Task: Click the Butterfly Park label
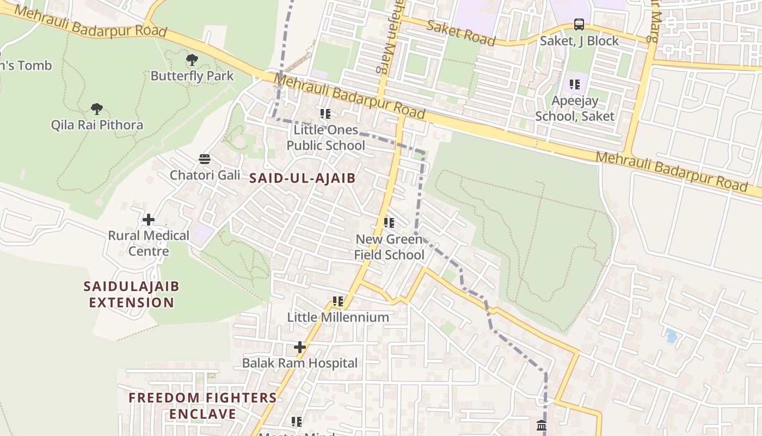(192, 76)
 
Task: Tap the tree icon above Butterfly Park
(192, 60)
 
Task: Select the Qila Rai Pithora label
(97, 125)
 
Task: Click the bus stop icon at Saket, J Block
(579, 25)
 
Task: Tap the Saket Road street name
(460, 33)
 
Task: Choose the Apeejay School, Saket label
(574, 108)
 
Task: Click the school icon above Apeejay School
(574, 84)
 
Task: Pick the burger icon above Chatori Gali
(205, 159)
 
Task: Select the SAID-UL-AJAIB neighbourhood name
(302, 178)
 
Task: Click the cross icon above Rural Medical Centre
(149, 220)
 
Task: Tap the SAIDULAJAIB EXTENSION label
(131, 294)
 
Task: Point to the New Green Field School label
(389, 247)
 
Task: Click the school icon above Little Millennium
(338, 301)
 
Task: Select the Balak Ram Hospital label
(300, 363)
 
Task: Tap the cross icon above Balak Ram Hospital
(300, 347)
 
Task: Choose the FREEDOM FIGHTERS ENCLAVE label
(202, 405)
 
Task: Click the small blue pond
(672, 336)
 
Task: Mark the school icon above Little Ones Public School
(325, 114)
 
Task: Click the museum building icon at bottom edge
(541, 425)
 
